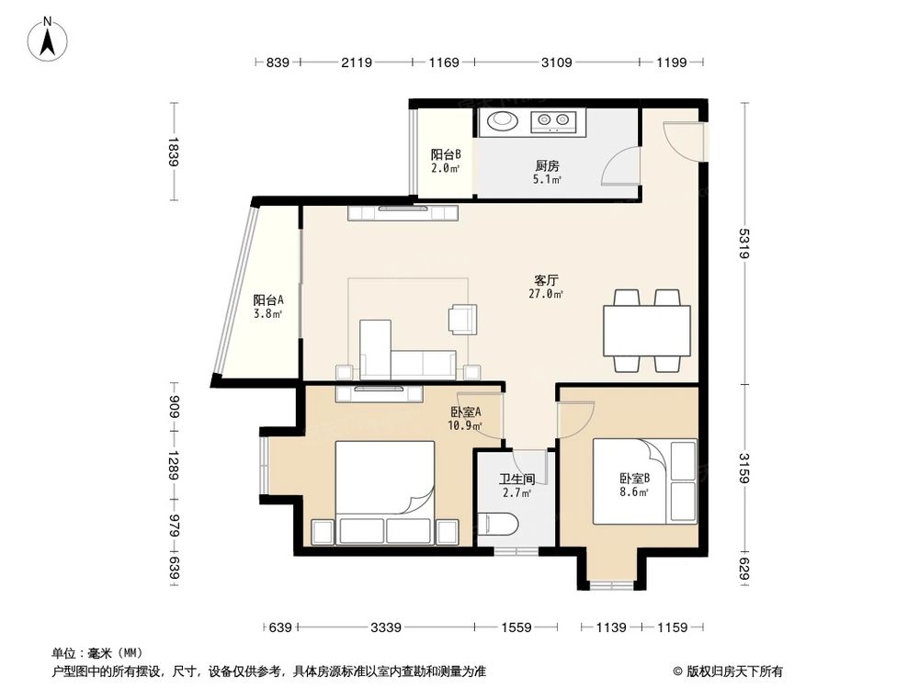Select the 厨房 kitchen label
tap(548, 166)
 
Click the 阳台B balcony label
tap(446, 155)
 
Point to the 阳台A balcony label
tap(267, 299)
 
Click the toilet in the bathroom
tap(500, 525)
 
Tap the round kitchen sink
tap(503, 119)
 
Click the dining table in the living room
tap(646, 331)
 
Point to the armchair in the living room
tap(461, 318)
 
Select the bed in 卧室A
tap(384, 482)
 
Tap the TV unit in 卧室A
tap(379, 393)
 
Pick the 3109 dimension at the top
tap(556, 62)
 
